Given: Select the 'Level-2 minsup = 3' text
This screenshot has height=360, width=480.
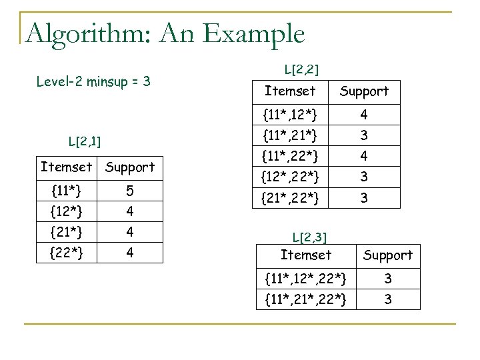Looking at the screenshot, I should point(93,83).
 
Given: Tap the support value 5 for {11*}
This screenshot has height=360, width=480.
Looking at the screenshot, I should point(131,192).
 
